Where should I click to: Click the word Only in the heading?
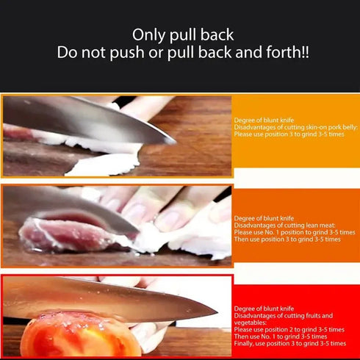(x=150, y=35)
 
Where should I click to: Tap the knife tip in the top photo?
(x=173, y=140)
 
